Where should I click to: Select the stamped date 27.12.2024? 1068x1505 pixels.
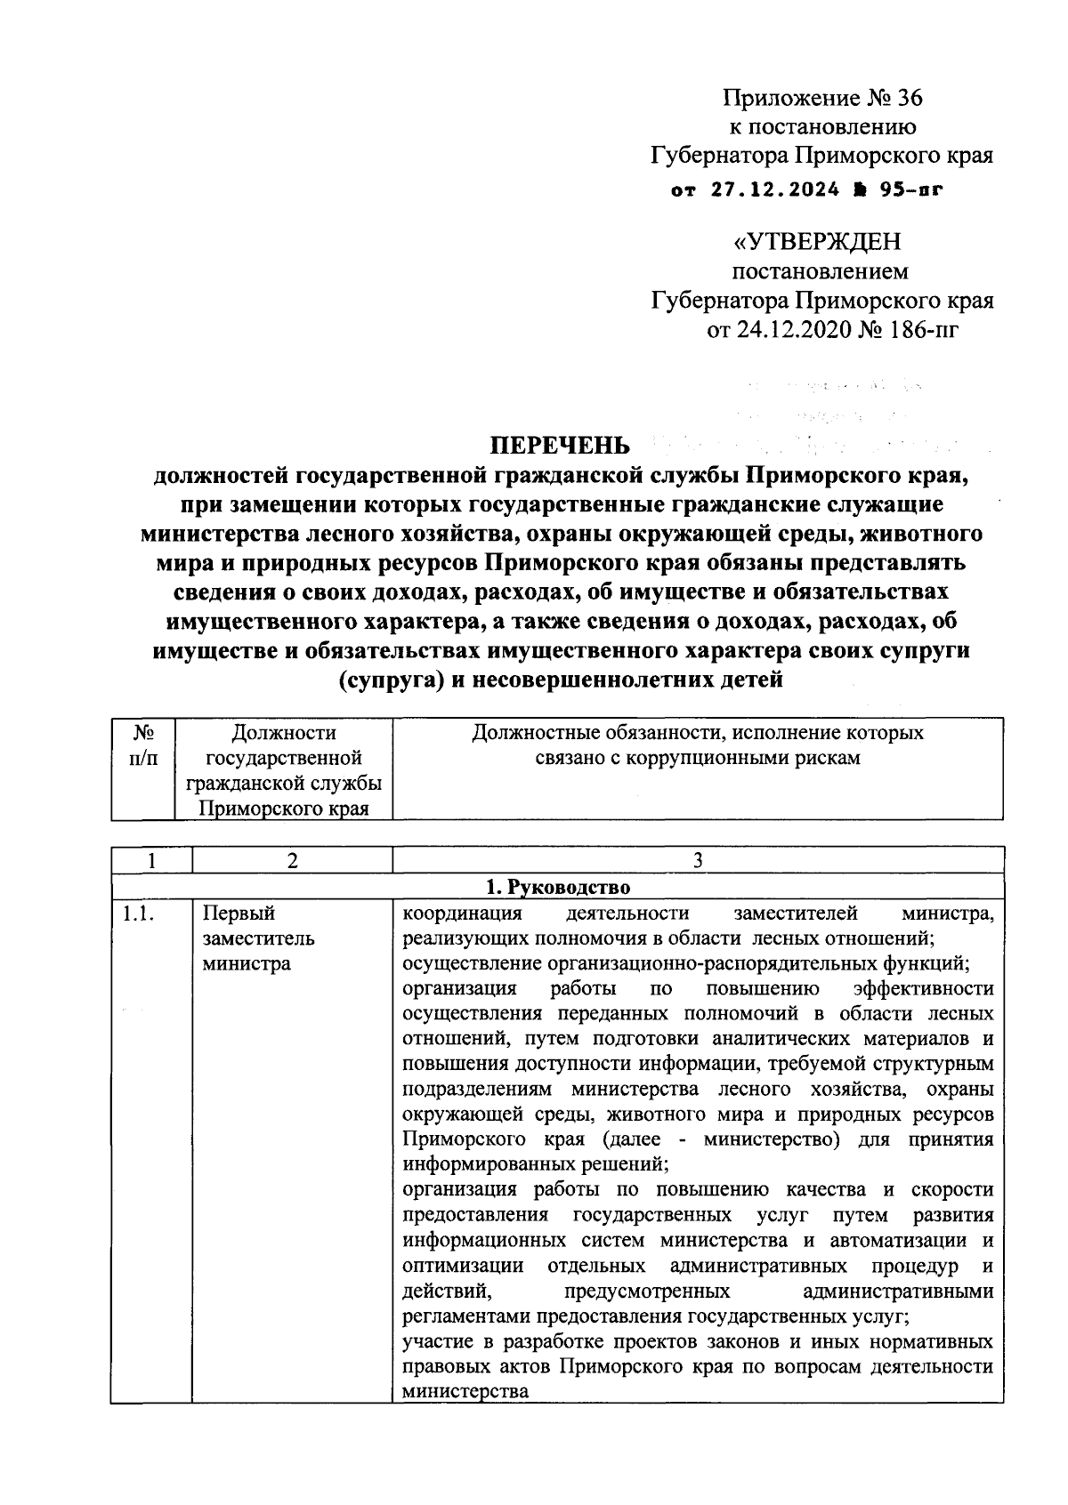pos(768,189)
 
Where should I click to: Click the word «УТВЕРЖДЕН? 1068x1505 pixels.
pos(816,241)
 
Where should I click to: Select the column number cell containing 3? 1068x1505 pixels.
pos(698,860)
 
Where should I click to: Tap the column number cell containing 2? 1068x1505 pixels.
pos(292,860)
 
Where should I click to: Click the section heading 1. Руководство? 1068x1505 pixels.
pos(557,887)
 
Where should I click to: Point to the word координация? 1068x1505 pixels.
pos(461,913)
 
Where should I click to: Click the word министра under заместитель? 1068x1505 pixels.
pos(246,963)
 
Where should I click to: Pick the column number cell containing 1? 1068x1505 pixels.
pos(151,860)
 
